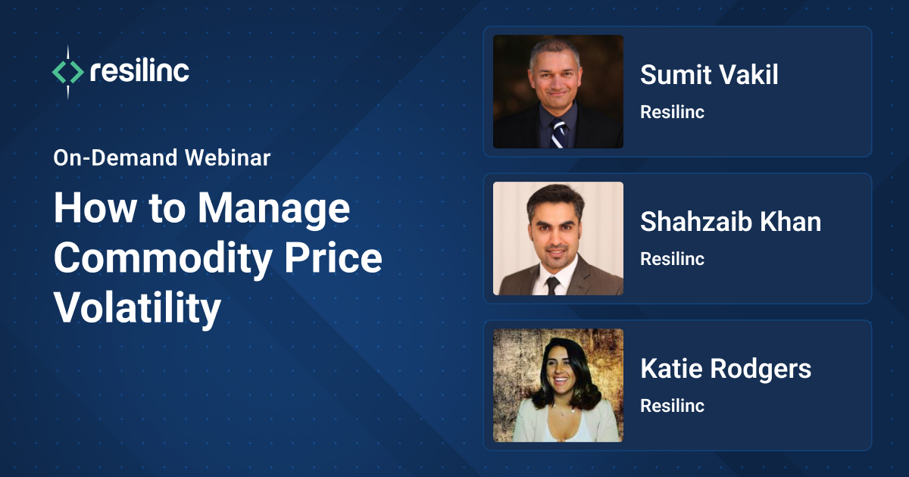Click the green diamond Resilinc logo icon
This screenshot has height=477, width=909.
coord(67,72)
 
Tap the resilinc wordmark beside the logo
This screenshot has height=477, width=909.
coord(139,72)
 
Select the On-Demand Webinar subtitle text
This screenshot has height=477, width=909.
coord(162,158)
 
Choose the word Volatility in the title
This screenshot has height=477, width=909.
coord(137,308)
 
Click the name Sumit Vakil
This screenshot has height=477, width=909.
coord(709,75)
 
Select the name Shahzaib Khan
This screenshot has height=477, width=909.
coord(730,222)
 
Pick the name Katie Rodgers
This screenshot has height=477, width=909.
coord(726,369)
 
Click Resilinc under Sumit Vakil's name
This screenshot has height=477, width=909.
coord(672,112)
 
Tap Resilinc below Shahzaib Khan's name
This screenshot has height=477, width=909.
coord(672,259)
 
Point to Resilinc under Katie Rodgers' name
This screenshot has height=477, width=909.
coord(672,406)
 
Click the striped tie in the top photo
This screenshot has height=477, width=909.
coord(558,133)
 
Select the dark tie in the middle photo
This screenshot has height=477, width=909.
coord(552,284)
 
